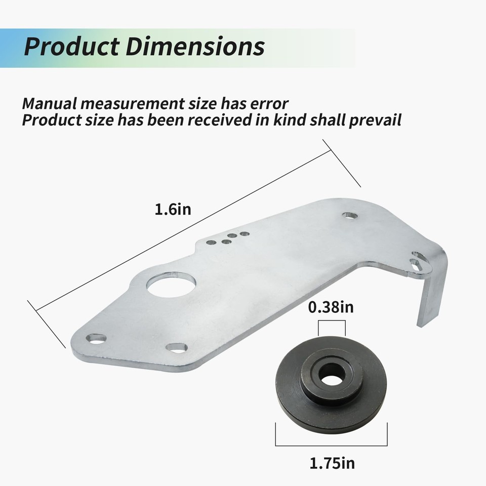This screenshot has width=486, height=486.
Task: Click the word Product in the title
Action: [71, 47]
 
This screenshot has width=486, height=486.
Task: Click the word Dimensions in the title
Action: [195, 47]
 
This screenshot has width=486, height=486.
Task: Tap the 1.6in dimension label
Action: [173, 209]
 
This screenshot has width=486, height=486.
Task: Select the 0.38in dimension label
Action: [331, 307]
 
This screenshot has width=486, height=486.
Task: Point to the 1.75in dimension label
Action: [332, 463]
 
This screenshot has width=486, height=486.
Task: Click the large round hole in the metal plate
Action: [172, 284]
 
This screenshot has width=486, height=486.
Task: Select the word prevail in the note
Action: [375, 120]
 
